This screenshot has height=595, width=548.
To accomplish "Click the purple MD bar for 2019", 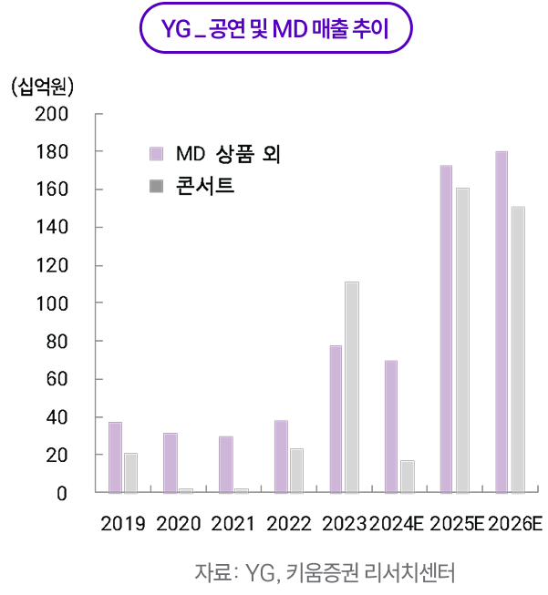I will (x=115, y=457).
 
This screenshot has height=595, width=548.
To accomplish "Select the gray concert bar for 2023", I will (x=351, y=387).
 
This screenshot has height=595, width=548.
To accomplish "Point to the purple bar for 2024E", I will (x=390, y=426).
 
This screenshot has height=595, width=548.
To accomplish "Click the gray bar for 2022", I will (x=296, y=470).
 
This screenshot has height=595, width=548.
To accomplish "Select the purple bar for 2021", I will (x=225, y=465).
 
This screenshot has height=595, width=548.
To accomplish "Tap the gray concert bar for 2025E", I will (x=462, y=340).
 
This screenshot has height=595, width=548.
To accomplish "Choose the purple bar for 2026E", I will (x=501, y=322).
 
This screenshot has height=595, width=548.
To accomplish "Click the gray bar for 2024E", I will (x=407, y=477).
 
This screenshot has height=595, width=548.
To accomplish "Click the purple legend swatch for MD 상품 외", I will (x=156, y=152).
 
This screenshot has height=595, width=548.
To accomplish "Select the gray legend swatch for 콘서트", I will (x=156, y=187).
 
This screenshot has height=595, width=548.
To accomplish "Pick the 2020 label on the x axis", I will (x=178, y=524).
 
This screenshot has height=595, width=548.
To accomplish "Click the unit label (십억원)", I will (x=43, y=87).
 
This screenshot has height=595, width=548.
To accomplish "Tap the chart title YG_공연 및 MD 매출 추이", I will (x=274, y=30).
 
